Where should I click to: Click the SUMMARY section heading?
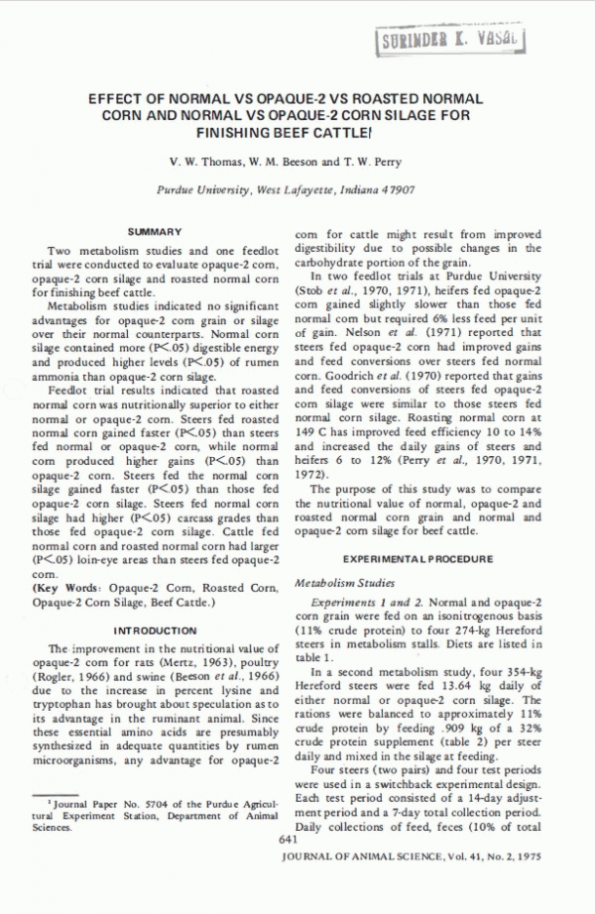155,231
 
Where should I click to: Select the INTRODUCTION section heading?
155,630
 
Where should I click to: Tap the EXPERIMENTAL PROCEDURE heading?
418,559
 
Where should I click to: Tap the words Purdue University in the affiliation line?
202,188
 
